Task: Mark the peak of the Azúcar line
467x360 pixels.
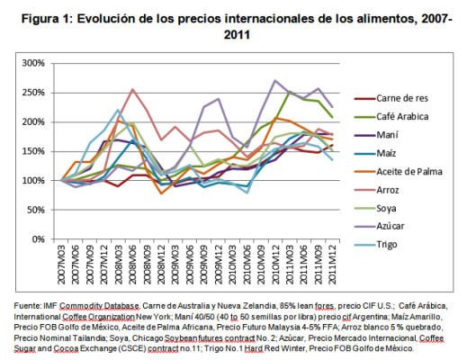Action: pyautogui.click(x=274, y=81)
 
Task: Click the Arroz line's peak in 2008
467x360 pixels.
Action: pyautogui.click(x=133, y=90)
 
